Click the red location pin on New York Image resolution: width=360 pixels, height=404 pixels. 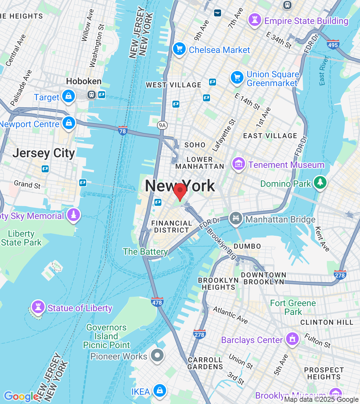point(180,190)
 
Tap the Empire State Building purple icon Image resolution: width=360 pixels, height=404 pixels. point(255,20)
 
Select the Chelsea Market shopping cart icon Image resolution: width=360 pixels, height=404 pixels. point(179,49)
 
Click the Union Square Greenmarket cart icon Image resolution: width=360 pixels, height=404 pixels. point(237,77)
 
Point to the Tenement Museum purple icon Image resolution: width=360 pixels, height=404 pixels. point(239,164)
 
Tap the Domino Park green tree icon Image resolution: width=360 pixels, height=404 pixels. point(320,182)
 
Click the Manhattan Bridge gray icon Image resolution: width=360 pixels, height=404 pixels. point(236,218)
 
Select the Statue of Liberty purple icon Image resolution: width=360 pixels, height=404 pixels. point(38,306)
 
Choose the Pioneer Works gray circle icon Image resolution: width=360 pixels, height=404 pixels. point(157,355)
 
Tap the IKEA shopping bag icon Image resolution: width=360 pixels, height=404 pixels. point(160,390)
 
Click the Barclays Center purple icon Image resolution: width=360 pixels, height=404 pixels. point(292,339)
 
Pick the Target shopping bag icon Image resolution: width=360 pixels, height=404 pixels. point(69,96)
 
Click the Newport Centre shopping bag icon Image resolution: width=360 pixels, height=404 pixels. point(69,123)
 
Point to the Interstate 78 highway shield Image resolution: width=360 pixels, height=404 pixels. point(123,130)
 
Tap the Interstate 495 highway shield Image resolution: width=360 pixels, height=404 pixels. point(333,44)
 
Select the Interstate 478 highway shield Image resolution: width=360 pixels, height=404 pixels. point(157,302)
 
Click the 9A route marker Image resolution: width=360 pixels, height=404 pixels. point(162,125)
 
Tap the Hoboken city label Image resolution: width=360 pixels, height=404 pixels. point(84,81)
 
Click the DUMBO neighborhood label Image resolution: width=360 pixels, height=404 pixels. point(247,246)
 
